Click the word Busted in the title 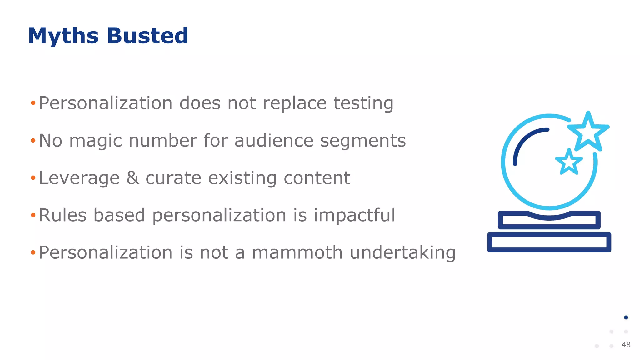click(147, 36)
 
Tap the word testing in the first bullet click(363, 103)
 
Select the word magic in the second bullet click(96, 141)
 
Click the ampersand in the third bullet click(133, 178)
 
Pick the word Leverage click(79, 178)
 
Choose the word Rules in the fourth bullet click(62, 215)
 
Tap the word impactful click(354, 215)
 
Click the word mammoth click(297, 252)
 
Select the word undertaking click(402, 253)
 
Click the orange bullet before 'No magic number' click(33, 141)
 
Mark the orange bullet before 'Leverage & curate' click(33, 178)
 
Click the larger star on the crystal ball click(588, 131)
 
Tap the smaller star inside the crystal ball click(569, 162)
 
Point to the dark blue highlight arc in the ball click(525, 141)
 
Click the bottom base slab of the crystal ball click(549, 242)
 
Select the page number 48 click(626, 345)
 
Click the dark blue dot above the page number click(626, 317)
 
